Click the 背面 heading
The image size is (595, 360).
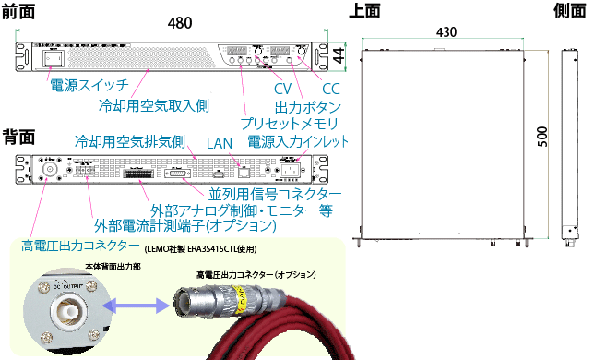19,136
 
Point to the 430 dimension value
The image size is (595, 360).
446,31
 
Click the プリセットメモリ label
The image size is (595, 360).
289,124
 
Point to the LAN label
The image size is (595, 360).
220,143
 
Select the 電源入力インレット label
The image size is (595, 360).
298,143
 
